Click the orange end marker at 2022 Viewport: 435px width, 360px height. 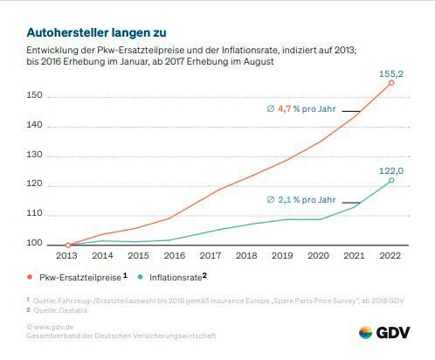click(390, 82)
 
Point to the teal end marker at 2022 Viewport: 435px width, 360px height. click(390, 181)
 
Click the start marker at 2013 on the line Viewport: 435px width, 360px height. click(68, 246)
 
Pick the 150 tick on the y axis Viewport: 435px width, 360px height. click(33, 95)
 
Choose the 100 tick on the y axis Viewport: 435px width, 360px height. click(33, 246)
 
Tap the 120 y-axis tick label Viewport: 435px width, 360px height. click(33, 185)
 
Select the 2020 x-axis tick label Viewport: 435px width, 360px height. click(319, 257)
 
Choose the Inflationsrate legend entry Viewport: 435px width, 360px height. click(176, 276)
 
